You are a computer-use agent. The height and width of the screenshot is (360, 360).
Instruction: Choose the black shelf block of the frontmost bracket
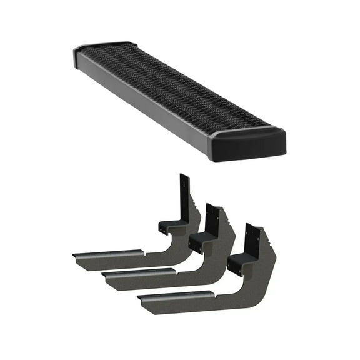tap(241, 262)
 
